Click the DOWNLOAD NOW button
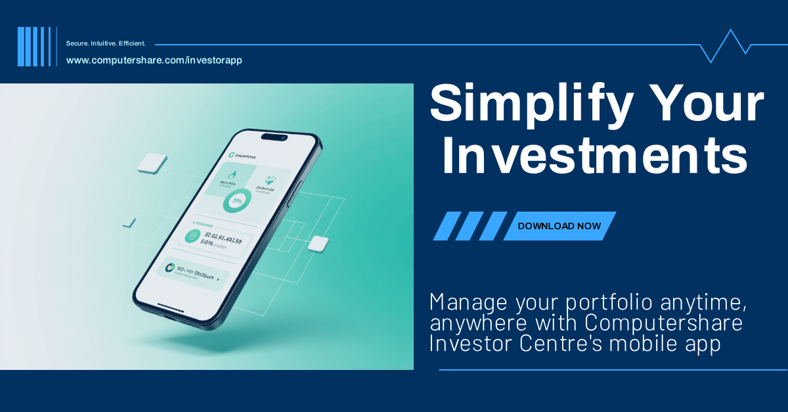[x=559, y=226]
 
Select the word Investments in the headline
[x=595, y=156]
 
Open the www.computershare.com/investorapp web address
[x=154, y=60]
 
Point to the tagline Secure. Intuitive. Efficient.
[x=106, y=43]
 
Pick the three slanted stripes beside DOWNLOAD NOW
[x=470, y=226]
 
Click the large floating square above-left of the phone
[x=153, y=163]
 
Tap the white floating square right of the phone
[x=318, y=243]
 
